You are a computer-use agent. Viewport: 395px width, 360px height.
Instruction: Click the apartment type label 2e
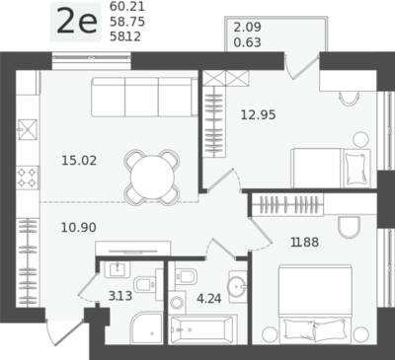click(77, 22)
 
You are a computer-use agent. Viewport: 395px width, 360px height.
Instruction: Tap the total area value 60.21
click(127, 7)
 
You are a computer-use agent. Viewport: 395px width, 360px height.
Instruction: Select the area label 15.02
click(79, 161)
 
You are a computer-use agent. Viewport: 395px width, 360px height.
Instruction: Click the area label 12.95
click(258, 115)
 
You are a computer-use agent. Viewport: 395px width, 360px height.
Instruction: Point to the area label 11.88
click(304, 243)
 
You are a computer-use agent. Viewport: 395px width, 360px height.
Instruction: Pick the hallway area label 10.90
click(79, 227)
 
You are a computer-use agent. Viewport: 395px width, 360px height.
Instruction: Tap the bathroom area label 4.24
click(208, 299)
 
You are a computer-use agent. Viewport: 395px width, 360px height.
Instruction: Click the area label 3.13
click(120, 296)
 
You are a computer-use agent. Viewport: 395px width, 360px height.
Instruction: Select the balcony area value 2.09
click(247, 27)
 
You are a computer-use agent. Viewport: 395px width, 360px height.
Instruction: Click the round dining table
click(152, 178)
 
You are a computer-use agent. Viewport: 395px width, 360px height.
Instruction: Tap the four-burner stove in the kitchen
click(28, 178)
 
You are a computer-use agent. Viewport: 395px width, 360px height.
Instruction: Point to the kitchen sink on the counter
click(28, 129)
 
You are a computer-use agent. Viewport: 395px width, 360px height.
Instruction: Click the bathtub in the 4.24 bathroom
click(202, 329)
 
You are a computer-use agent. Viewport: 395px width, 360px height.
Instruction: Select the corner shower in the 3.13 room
click(146, 328)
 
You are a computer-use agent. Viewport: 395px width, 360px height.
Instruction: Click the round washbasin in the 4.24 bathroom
click(238, 286)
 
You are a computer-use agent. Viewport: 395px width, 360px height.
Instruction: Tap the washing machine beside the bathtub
click(177, 302)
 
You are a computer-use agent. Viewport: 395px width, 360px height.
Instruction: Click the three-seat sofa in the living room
click(144, 97)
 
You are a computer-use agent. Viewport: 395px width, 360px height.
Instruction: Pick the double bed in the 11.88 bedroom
click(315, 305)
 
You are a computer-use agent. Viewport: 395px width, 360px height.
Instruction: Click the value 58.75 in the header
click(127, 22)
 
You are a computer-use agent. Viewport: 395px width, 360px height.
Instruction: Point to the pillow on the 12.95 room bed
click(355, 169)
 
